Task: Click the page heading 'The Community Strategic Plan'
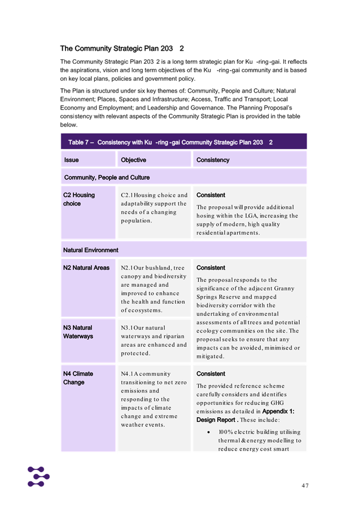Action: point(122,49)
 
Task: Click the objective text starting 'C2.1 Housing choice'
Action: point(154,208)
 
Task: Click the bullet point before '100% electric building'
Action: point(209,432)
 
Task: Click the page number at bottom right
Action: point(305,485)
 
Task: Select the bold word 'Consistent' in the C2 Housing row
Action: point(210,195)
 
